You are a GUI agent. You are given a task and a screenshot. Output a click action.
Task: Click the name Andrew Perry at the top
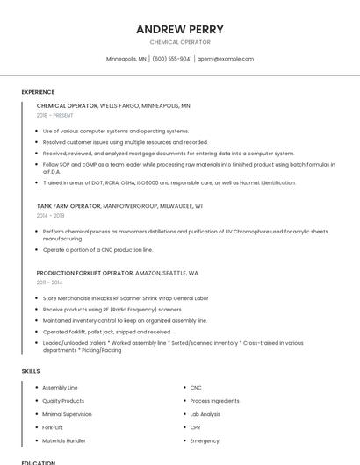[180, 29]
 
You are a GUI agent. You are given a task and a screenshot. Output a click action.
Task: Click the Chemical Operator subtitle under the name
[180, 42]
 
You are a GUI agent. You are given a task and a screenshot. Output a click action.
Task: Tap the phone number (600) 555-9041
[172, 59]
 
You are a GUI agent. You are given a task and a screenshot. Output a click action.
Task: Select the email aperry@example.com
[226, 59]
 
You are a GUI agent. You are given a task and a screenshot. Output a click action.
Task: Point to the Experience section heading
[38, 92]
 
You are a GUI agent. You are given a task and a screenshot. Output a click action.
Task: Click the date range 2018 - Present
[55, 115]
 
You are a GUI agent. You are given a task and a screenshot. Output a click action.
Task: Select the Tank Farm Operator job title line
[119, 205]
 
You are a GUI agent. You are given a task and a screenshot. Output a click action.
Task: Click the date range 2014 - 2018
[51, 215]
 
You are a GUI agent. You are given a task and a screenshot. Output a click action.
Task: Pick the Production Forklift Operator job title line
[118, 273]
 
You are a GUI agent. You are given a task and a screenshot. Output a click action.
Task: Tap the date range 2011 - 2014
[49, 283]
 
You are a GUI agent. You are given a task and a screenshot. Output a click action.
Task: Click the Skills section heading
[31, 371]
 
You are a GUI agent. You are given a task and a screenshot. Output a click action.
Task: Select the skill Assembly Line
[60, 387]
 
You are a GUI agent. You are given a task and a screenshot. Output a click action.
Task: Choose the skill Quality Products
[63, 400]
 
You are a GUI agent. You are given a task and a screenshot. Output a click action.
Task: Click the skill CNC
[196, 387]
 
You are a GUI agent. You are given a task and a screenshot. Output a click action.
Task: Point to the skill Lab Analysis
[205, 413]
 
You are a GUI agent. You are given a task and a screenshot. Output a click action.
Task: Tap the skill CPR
[196, 427]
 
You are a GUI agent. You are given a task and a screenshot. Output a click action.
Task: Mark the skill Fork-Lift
[53, 427]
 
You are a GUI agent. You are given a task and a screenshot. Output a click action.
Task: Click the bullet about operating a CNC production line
[97, 250]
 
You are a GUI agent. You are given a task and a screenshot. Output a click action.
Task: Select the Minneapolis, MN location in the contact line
[126, 59]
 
